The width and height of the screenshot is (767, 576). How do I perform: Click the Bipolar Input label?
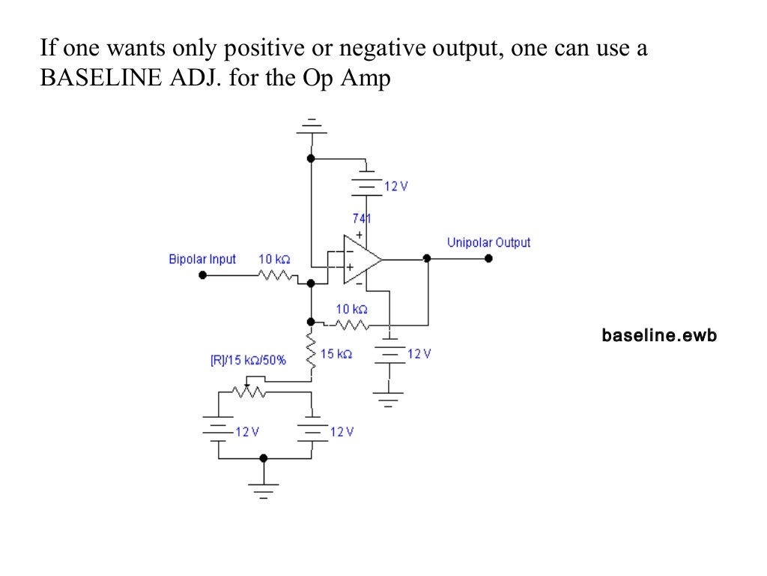202,259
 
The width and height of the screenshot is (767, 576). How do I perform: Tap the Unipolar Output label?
488,242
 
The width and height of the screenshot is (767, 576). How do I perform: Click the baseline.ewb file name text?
659,335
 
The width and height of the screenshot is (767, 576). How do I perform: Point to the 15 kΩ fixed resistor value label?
336,353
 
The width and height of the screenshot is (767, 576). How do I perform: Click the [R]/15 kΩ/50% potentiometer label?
248,360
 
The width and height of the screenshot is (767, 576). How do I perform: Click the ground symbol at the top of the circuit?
312,127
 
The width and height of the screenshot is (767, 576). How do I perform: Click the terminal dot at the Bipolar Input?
202,275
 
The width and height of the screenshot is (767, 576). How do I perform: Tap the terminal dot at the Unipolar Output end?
488,258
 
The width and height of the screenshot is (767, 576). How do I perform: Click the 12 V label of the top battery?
396,186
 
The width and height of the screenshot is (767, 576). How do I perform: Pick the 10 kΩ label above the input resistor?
274,259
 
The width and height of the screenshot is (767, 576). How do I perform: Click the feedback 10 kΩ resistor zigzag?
351,325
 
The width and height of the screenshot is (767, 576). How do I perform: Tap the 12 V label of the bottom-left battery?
246,432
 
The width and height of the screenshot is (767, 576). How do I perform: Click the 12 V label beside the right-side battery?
419,353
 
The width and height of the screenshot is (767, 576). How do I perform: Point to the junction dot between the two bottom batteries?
263,457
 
